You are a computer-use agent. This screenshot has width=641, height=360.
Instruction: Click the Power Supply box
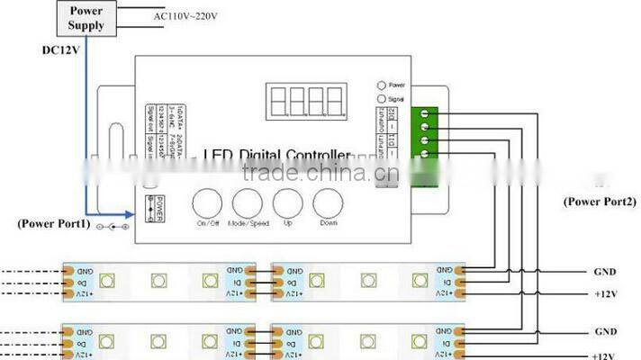pos(86,17)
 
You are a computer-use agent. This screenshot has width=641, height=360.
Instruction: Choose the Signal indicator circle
pos(381,98)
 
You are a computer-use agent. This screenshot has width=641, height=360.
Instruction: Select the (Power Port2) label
pos(598,202)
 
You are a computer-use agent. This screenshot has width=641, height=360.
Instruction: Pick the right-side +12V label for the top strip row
pos(605,293)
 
